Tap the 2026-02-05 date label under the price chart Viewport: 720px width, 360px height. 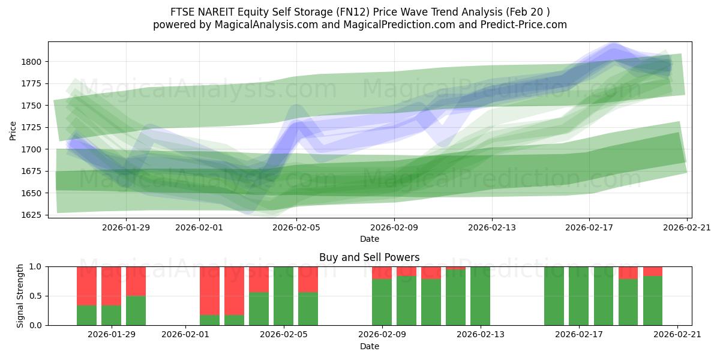tap(297, 227)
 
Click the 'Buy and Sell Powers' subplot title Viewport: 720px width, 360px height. tap(369, 257)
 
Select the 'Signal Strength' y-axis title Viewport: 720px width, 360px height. tap(21, 296)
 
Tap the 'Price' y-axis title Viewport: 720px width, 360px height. tap(13, 130)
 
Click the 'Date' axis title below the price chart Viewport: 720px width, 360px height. tap(369, 239)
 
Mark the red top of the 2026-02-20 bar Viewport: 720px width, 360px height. tap(653, 271)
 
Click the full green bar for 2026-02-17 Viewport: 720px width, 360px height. tap(578, 296)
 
